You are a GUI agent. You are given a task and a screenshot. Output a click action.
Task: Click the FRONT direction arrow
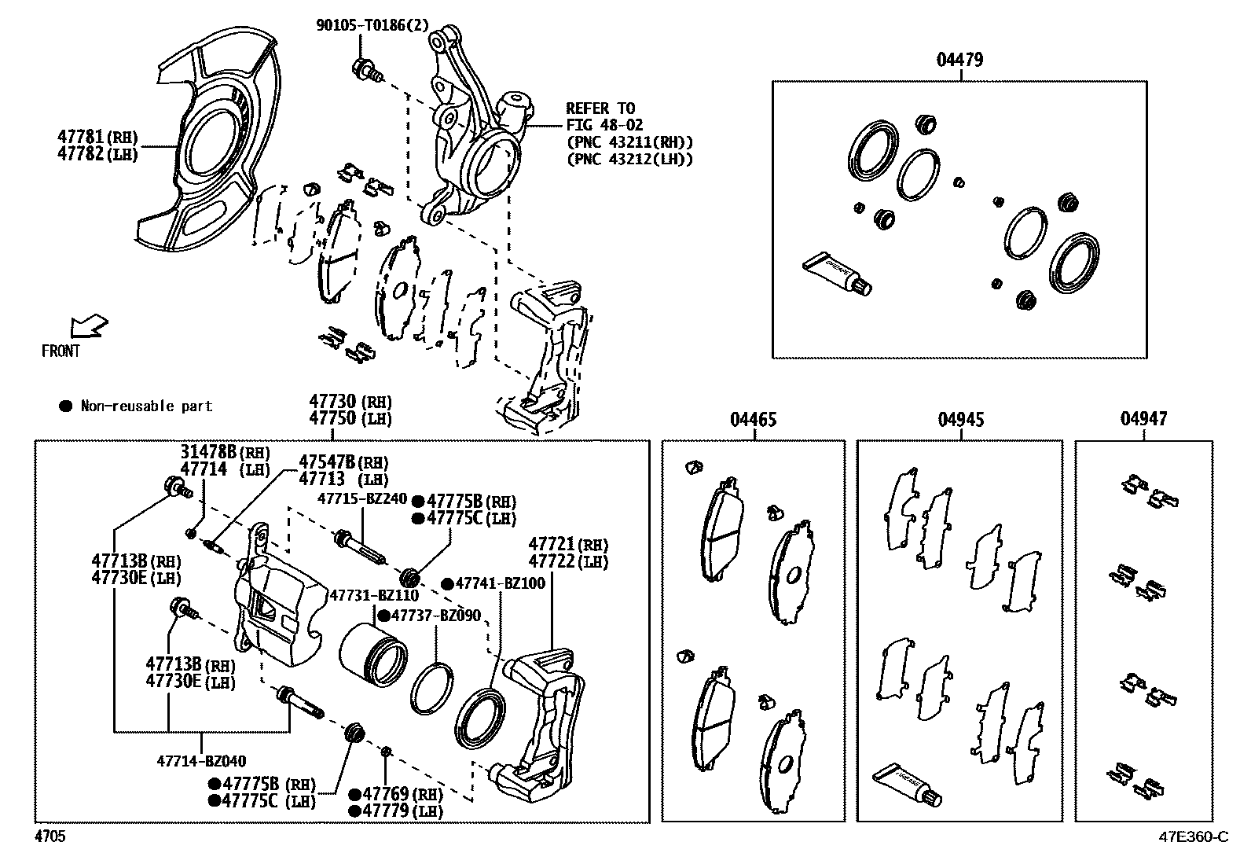click(x=87, y=325)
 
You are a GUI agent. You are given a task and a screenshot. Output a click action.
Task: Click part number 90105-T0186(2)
click(x=372, y=25)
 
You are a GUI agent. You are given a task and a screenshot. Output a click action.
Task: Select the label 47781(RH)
click(x=97, y=136)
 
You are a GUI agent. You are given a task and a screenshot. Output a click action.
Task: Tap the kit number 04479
click(x=959, y=60)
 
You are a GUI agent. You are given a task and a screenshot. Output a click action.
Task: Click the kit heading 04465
click(x=753, y=420)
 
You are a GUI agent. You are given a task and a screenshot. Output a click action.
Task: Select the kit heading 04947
click(x=1143, y=420)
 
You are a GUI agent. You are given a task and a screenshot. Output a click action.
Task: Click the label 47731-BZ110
click(x=373, y=595)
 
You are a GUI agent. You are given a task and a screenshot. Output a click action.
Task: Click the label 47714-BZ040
click(x=201, y=760)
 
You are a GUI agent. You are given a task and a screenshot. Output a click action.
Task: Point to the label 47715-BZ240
click(x=362, y=499)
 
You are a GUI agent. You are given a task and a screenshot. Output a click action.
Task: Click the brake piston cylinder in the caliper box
click(x=373, y=654)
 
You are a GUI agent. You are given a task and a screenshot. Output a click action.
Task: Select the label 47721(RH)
click(x=568, y=544)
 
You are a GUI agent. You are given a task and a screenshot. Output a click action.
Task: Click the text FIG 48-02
click(x=605, y=125)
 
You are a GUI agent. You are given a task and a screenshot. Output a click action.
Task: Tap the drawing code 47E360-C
click(x=1191, y=836)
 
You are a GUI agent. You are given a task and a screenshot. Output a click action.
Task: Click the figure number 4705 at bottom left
click(x=50, y=836)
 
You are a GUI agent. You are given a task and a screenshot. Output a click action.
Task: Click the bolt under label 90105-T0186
click(x=367, y=69)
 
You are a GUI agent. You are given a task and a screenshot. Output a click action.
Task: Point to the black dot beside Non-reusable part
click(x=66, y=406)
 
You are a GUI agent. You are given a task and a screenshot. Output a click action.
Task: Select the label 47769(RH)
click(x=395, y=795)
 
